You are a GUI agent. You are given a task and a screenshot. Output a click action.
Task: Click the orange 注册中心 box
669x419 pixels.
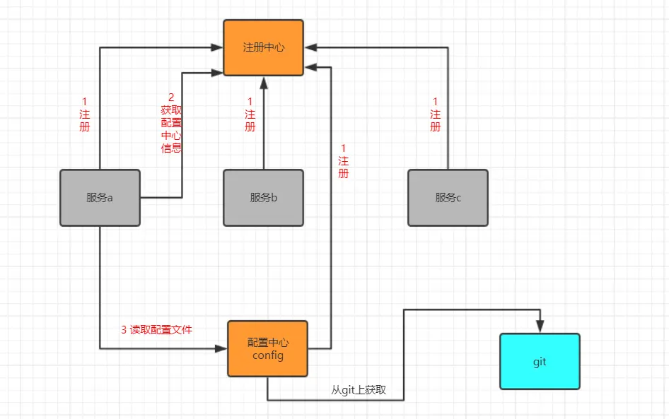tap(263, 47)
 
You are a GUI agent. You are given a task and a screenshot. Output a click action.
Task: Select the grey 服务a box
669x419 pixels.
tap(100, 198)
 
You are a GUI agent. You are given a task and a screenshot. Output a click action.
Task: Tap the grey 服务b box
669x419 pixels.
tap(263, 198)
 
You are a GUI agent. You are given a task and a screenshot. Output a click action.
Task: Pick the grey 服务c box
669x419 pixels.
tap(448, 198)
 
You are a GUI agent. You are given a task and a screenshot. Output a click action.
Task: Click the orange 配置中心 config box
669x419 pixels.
tap(267, 348)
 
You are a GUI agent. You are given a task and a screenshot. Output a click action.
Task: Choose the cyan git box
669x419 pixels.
tap(540, 361)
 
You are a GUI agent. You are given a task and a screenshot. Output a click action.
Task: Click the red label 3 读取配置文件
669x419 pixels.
tap(156, 329)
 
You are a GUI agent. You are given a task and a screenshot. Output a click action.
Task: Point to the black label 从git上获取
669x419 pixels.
tap(359, 390)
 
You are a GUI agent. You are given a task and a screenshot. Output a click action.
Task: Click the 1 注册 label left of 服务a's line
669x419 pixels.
tap(85, 114)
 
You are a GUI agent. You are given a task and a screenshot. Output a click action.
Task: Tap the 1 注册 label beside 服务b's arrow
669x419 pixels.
tap(250, 114)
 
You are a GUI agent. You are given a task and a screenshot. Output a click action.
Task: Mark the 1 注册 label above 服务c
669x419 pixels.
tap(435, 114)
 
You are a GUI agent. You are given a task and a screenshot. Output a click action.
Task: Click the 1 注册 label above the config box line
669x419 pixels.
tap(343, 160)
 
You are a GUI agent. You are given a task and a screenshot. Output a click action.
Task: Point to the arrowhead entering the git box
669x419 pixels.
tap(540, 327)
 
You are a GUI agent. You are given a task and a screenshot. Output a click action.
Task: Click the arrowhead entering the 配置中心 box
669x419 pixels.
tap(221, 348)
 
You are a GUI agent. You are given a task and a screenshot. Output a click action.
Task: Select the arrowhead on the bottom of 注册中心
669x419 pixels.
tap(263, 81)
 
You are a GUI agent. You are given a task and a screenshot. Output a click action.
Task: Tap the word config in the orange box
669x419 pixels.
tap(267, 355)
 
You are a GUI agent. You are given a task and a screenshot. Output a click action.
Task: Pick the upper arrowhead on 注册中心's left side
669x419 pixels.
tap(217, 47)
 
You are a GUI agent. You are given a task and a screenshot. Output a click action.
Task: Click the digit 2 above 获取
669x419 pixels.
tap(170, 97)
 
